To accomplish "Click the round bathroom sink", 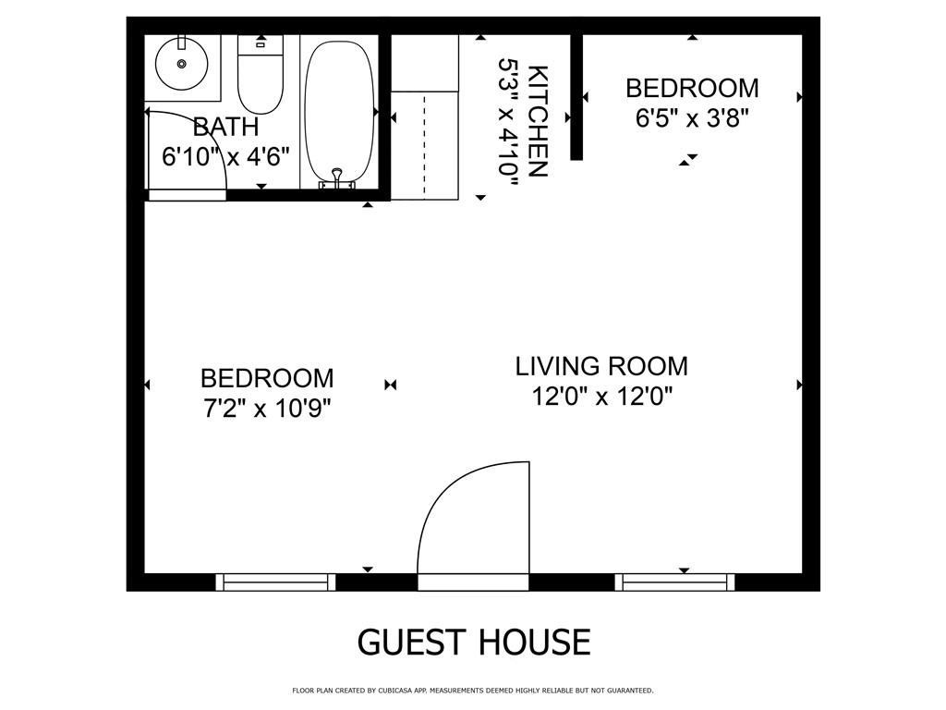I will [181, 63].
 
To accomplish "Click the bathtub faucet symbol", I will [337, 177].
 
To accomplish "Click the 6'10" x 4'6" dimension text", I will [225, 156].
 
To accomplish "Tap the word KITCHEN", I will [538, 120].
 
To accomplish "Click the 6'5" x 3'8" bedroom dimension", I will [692, 118].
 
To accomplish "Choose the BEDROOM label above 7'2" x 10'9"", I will [267, 378].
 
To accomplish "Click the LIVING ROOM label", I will [601, 366].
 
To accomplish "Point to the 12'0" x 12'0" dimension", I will [601, 397].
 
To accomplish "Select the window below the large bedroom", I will [275, 581].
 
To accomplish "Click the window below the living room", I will [675, 581].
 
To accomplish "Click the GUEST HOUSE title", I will [473, 642].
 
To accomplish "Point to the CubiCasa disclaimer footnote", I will [473, 691].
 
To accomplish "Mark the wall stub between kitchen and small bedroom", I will [576, 97].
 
